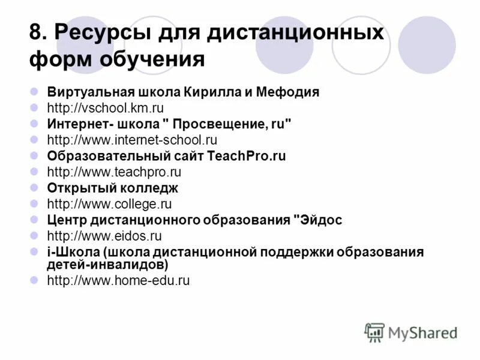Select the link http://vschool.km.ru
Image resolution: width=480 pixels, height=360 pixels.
point(105,108)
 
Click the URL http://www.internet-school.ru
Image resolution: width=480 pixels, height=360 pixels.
point(131,140)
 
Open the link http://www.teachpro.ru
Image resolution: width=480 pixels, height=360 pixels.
point(114,172)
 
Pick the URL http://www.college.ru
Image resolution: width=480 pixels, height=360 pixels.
point(109,204)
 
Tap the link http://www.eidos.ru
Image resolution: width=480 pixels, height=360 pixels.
point(104,236)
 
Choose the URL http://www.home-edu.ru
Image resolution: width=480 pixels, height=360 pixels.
point(118,280)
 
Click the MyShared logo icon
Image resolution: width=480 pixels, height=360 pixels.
point(374,332)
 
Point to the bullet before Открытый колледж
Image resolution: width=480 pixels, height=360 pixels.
point(35,188)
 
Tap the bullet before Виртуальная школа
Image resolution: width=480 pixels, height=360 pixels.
point(35,92)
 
